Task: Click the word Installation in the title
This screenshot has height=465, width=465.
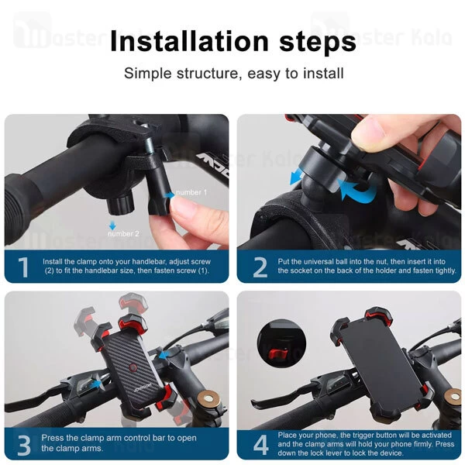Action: point(189,41)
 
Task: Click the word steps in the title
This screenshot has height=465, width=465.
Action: point(318,42)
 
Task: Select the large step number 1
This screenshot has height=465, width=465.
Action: point(23,267)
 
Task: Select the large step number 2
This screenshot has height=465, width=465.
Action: point(260,267)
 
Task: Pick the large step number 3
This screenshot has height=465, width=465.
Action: point(24,445)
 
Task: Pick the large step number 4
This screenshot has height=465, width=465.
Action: point(261,445)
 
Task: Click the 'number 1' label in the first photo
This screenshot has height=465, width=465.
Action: point(191,192)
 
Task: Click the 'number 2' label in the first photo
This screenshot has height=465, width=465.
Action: point(123,234)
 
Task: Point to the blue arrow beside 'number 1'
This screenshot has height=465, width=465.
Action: point(170,195)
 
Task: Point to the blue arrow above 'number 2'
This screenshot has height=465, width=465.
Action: point(112,226)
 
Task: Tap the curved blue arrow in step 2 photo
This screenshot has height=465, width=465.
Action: point(358,190)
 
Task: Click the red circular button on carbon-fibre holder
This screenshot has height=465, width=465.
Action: point(133,368)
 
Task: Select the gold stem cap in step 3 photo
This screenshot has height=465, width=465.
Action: point(210,399)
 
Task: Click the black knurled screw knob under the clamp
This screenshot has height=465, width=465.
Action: point(120,204)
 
